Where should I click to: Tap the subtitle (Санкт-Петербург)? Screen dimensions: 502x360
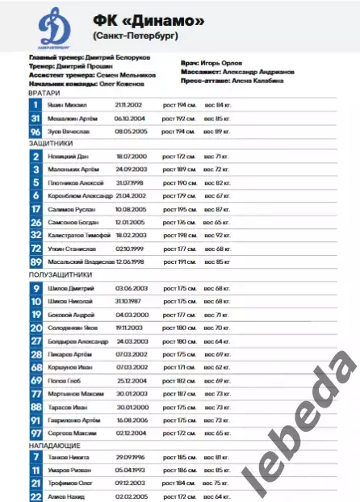[x=135, y=36]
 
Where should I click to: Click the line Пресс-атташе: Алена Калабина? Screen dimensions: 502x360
[x=229, y=81]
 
